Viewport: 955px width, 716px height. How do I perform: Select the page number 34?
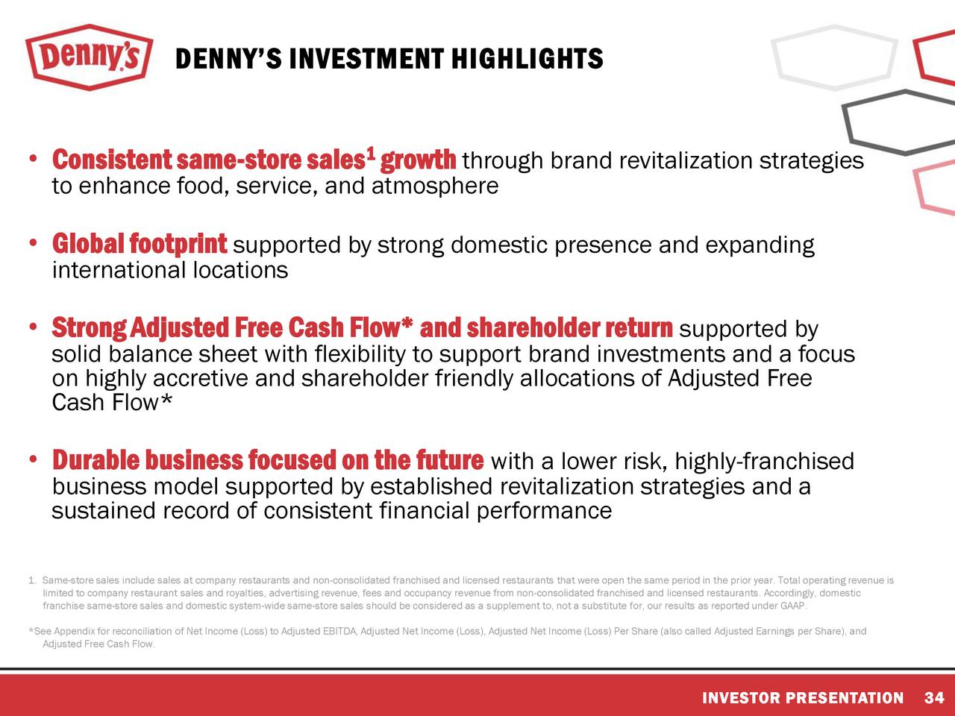pyautogui.click(x=933, y=698)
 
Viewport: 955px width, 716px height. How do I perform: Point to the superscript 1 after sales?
pyautogui.click(x=371, y=154)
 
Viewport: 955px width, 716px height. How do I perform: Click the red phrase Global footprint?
pyautogui.click(x=140, y=244)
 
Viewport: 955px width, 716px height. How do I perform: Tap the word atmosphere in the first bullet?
pyautogui.click(x=434, y=186)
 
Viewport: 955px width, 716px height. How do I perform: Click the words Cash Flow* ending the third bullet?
pyautogui.click(x=112, y=403)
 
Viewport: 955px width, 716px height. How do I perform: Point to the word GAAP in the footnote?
pyautogui.click(x=795, y=606)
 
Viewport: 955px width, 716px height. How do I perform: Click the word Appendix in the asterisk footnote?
pyautogui.click(x=74, y=632)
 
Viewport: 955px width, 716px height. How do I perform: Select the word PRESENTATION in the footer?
pyautogui.click(x=844, y=698)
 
